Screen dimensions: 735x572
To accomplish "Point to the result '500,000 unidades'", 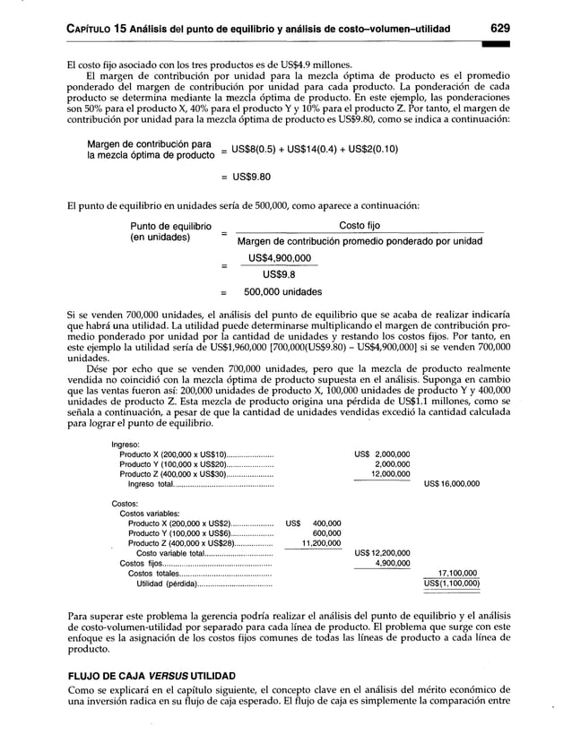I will pyautogui.click(x=282, y=292).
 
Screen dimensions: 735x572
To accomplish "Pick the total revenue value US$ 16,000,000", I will pyautogui.click(x=452, y=483).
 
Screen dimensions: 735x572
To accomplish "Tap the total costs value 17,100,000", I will pyautogui.click(x=456, y=573).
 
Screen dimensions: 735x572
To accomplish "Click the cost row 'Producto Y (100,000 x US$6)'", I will pyautogui.click(x=180, y=533).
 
